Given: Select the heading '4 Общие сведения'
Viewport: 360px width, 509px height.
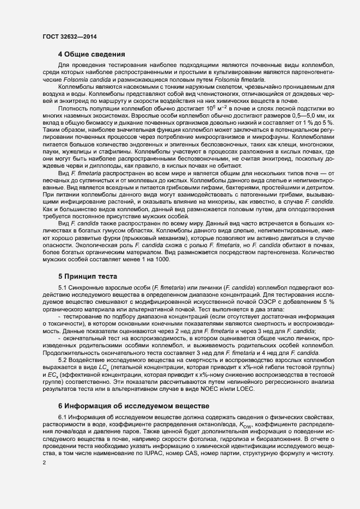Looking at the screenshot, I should pos(92,54).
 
